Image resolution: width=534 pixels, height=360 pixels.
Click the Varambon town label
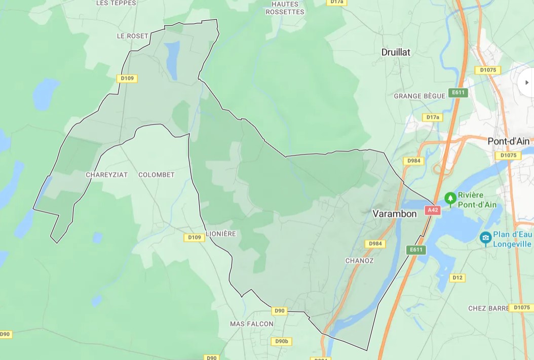394,214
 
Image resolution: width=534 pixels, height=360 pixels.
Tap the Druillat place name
396,52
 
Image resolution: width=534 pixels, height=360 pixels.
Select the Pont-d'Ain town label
508,141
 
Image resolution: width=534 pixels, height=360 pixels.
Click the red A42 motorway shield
432,210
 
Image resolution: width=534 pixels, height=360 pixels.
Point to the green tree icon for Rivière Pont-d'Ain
449,198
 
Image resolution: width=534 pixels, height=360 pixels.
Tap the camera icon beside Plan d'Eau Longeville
485,237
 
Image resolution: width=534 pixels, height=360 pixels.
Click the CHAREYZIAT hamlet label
106,175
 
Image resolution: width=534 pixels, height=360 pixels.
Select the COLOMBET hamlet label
156,175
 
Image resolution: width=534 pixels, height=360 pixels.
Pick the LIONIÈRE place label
221,234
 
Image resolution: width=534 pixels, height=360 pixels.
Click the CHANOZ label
359,261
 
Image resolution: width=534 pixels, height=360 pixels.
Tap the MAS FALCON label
251,324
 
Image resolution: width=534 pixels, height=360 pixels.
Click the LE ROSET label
132,36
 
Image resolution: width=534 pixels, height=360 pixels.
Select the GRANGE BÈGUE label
419,96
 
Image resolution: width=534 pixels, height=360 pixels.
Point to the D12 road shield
457,277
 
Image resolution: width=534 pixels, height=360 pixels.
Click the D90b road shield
282,341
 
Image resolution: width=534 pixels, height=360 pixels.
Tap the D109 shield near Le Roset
127,78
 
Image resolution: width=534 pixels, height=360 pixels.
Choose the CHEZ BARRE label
488,308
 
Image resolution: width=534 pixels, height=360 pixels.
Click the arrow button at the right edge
526,83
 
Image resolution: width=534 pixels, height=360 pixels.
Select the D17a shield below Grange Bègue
432,117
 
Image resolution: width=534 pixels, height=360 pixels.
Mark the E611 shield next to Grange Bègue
458,92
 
